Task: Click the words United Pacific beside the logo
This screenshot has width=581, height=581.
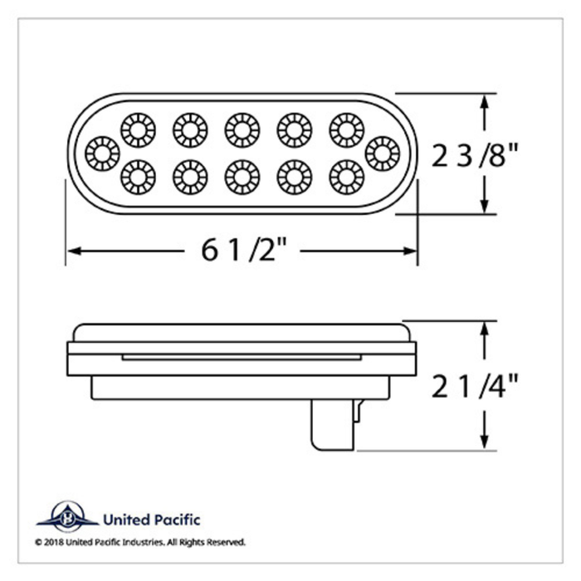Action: pyautogui.click(x=150, y=520)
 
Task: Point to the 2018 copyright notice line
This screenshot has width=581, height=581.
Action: pyautogui.click(x=140, y=542)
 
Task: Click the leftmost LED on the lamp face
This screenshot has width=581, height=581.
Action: pyautogui.click(x=104, y=152)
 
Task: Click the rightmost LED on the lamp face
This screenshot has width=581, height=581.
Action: pyautogui.click(x=381, y=152)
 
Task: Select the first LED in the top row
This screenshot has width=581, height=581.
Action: pyautogui.click(x=138, y=128)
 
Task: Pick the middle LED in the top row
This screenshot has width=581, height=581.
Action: pyautogui.click(x=242, y=128)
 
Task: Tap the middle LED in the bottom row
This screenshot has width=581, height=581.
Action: pyautogui.click(x=242, y=175)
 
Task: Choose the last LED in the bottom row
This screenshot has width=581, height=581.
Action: pyautogui.click(x=345, y=175)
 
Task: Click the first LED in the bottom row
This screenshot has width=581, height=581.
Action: pyautogui.click(x=138, y=175)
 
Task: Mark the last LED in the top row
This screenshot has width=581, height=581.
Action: pyautogui.click(x=345, y=128)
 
